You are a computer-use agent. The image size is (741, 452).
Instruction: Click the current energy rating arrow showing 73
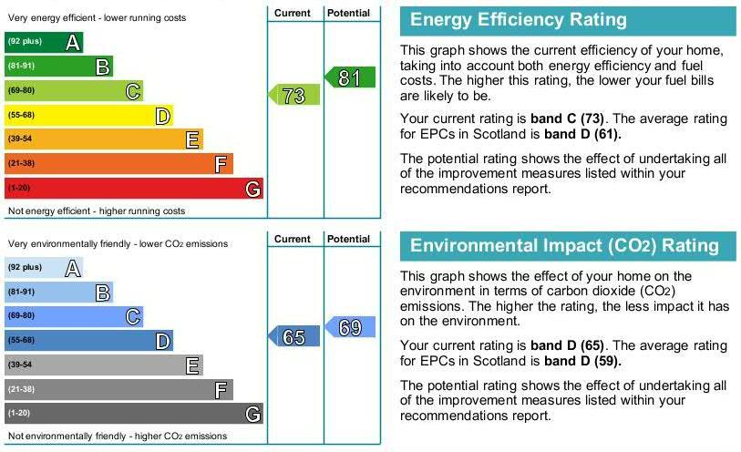294,95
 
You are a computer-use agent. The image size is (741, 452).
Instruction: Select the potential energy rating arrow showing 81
350,77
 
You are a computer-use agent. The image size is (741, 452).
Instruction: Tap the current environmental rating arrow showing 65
294,336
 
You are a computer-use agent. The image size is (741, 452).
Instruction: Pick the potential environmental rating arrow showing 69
350,327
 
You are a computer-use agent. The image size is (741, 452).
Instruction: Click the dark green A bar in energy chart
44,42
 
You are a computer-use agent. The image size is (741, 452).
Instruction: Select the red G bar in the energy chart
134,188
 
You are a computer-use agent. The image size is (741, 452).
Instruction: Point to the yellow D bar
88,115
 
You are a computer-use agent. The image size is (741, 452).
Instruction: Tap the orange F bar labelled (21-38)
118,163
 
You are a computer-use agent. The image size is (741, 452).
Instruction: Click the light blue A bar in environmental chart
44,267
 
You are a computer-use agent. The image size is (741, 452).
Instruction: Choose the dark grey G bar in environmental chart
134,414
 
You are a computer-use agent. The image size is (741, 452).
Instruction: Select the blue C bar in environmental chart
74,316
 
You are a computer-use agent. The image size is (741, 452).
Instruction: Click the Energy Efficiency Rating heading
519,20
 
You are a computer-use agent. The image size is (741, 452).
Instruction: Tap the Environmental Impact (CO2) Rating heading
564,246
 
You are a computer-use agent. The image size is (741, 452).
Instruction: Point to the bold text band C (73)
567,118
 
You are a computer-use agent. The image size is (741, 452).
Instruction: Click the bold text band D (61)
582,134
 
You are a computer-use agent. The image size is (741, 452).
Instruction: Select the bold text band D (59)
582,361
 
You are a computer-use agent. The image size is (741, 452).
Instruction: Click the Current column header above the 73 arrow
292,14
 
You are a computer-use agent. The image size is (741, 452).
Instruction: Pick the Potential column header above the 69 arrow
348,239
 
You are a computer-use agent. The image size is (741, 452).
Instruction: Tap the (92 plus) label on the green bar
25,41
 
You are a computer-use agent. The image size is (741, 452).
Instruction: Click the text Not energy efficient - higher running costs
97,211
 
